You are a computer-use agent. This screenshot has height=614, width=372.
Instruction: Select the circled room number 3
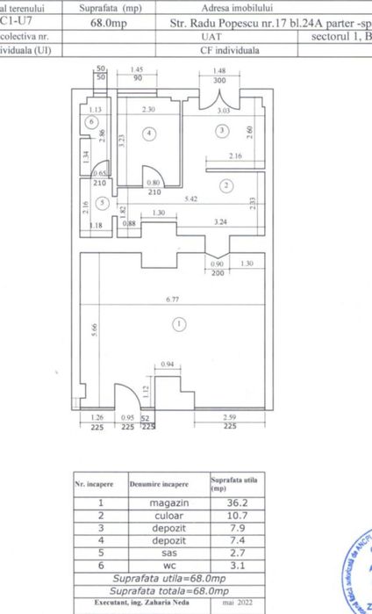coord(223,130)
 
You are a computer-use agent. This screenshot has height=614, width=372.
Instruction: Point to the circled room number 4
coord(150,134)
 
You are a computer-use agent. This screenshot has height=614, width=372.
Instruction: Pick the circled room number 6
coord(92,122)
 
